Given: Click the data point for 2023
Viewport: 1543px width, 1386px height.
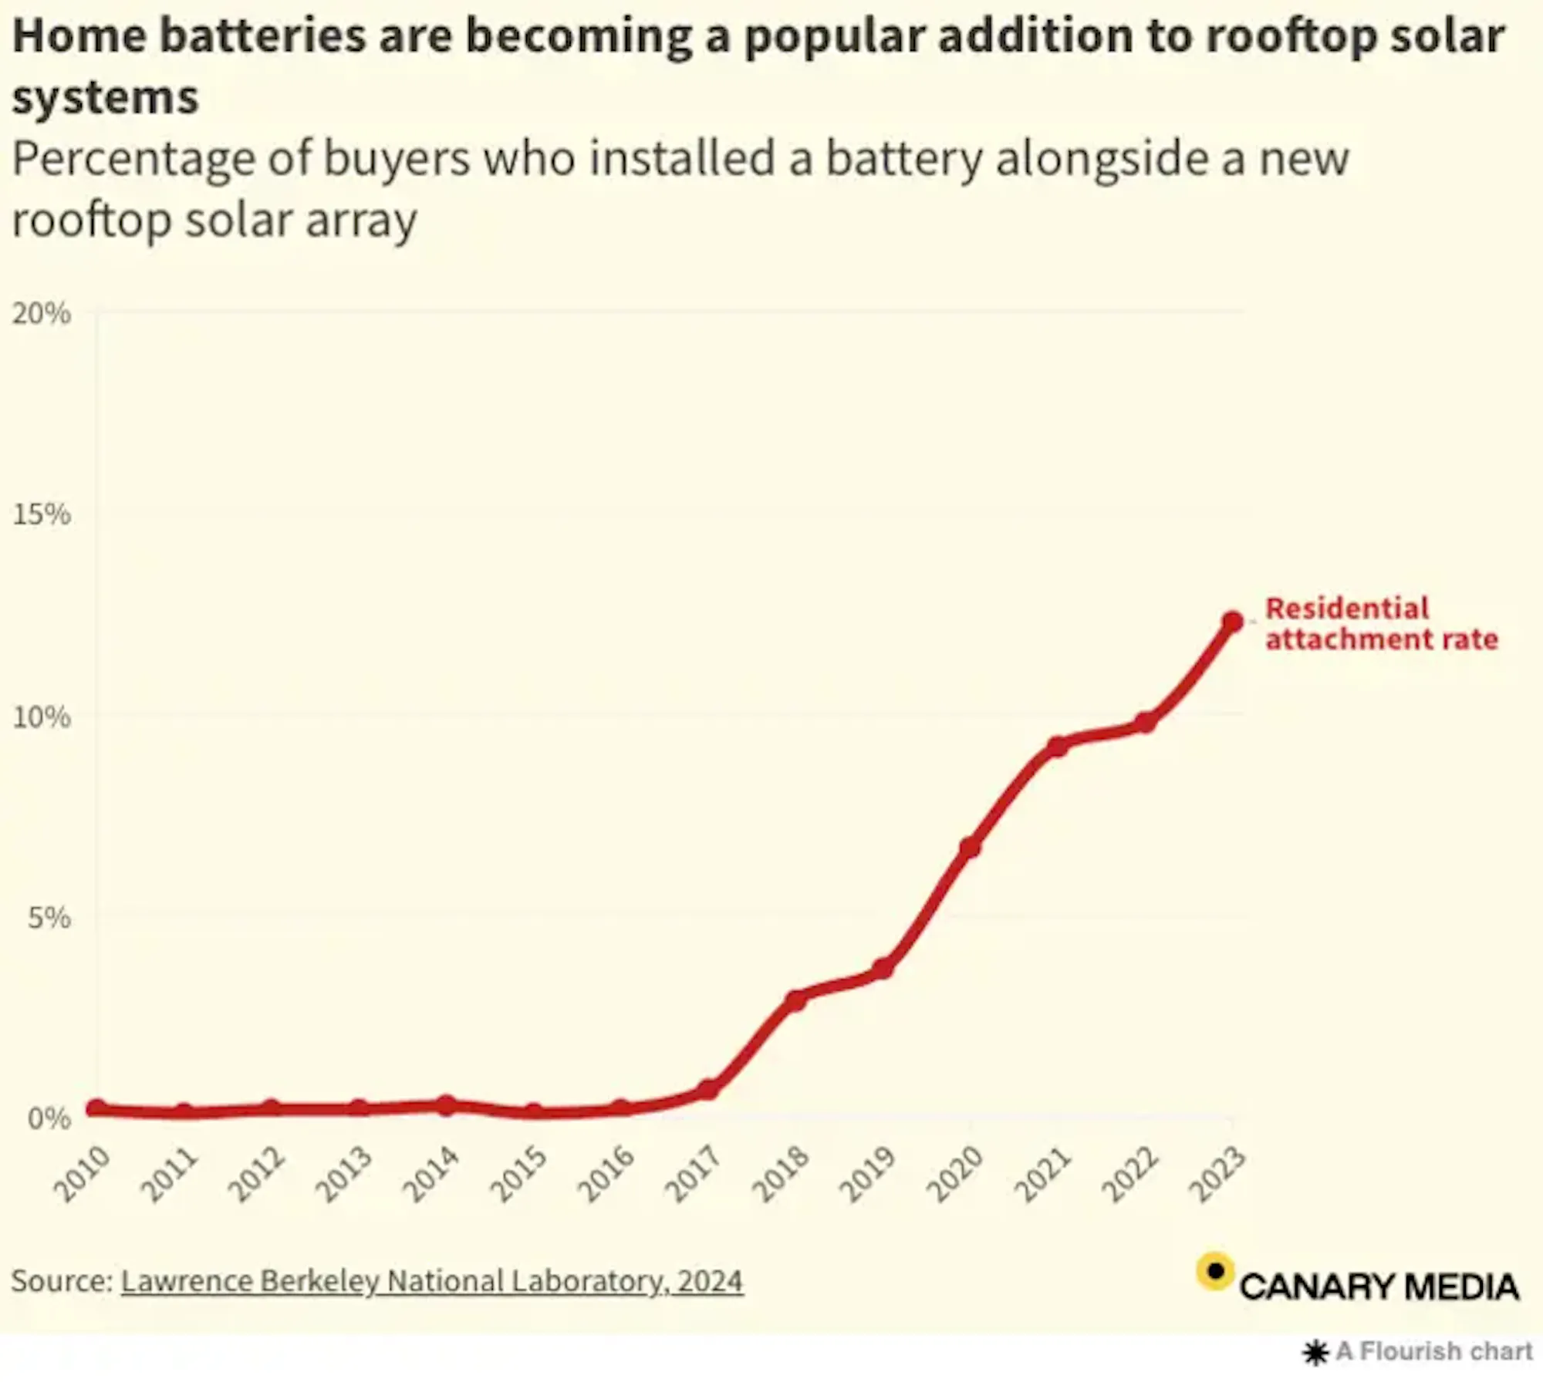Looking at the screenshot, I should coord(1232,622).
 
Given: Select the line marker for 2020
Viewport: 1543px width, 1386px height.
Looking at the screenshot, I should coord(970,847).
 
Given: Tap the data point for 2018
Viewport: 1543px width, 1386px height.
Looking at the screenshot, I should coord(795,1000).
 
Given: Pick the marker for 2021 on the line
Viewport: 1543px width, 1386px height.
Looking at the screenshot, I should coord(1057,747).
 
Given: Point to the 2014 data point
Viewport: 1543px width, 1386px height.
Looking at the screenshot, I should coord(446,1104).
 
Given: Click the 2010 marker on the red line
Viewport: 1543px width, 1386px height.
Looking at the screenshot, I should coord(96,1108).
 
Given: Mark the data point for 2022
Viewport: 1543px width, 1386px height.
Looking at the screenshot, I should coord(1145,723).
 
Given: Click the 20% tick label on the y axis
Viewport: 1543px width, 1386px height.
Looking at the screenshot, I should coord(41,314).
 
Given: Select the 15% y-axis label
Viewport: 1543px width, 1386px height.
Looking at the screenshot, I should coord(41,514).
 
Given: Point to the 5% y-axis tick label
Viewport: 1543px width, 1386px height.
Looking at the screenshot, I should coord(49,919).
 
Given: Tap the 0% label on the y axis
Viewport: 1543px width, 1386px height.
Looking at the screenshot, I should coord(49,1118).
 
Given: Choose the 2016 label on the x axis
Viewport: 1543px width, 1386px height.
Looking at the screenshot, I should coord(607,1175).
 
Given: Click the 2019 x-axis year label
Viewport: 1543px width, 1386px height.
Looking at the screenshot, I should coord(868,1175).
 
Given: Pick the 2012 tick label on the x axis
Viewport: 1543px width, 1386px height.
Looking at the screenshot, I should coord(258,1175).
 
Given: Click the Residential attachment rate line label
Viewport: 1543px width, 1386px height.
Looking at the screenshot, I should coord(1381,624).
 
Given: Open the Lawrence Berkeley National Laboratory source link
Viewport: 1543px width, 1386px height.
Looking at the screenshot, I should coord(432,1281).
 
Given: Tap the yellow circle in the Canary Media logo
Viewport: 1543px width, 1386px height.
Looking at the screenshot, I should coord(1215,1271).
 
